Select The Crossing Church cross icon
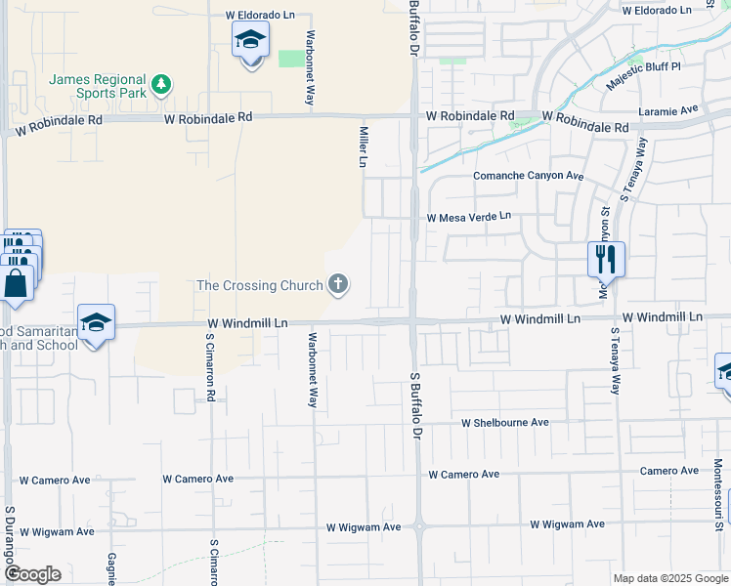pos(338,285)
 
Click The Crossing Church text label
pos(259,285)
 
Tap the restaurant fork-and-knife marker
pos(606,259)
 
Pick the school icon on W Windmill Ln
pos(96,323)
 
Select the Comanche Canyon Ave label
pos(528,177)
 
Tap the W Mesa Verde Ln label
pos(468,217)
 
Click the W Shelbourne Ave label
pos(504,423)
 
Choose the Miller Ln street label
pos(363,146)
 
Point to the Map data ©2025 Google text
pos(668,578)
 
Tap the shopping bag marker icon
pos(17,284)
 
